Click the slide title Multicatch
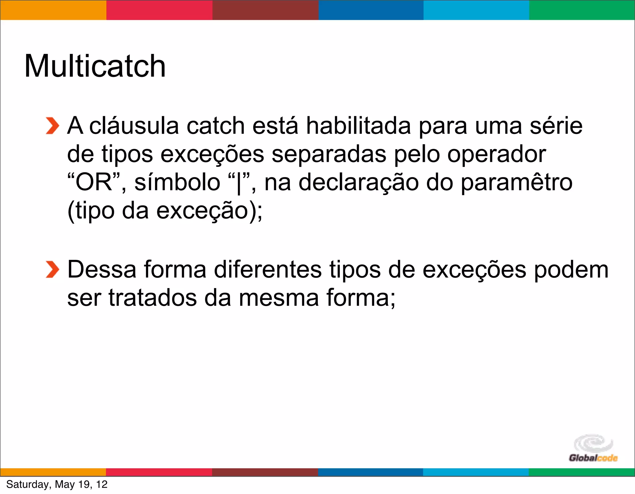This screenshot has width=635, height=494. pos(95,66)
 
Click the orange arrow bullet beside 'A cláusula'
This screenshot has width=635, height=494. pos(52,126)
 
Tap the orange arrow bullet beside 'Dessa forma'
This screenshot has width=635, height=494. pos(52,269)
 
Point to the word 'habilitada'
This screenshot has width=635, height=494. pos(358,126)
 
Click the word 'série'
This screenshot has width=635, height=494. pos(556,126)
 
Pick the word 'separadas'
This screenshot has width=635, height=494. pos(329,154)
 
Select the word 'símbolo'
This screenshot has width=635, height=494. pos(177,182)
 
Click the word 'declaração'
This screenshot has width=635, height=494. pos(358,182)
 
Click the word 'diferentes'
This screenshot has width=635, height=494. pos(268,269)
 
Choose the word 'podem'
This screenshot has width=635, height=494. pos(571,269)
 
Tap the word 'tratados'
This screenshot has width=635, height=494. pos(153,298)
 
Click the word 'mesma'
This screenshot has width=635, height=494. pos(279,298)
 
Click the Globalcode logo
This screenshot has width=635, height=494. pos(593,448)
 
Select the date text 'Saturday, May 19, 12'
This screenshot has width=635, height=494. pos(57,484)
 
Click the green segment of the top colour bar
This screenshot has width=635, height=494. pos(582,10)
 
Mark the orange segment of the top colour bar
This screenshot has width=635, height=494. pos(53,10)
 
